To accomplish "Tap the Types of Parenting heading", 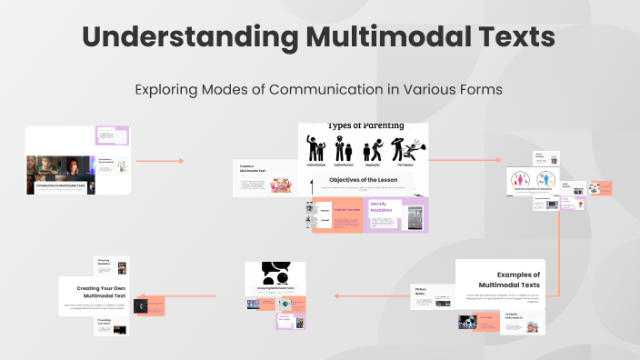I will [x=364, y=125].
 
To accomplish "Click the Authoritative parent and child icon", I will [x=315, y=148].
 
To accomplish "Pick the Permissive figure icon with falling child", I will [x=402, y=149].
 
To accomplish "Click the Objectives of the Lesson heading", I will [x=364, y=180].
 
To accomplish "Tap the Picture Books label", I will [x=421, y=291].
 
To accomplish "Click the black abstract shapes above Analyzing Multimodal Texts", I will [x=275, y=272].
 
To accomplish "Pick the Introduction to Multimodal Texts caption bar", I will [x=63, y=185].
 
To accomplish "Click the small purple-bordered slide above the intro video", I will [x=108, y=135].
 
